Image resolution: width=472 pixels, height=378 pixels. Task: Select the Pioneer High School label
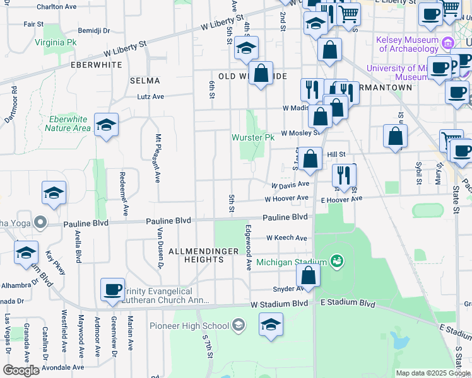tap(189, 326)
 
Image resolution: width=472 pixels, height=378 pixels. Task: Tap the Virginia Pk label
tap(56, 43)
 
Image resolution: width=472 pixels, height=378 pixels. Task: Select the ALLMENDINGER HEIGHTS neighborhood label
tap(203, 256)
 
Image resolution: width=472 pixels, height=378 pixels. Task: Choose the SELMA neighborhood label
tap(145, 81)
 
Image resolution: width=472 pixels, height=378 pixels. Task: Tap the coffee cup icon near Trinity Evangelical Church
tap(112, 290)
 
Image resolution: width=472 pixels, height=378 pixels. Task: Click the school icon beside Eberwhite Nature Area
tap(106, 125)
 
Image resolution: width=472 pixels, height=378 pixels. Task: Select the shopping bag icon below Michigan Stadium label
tap(308, 275)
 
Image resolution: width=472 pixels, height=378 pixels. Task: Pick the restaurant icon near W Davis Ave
tap(343, 175)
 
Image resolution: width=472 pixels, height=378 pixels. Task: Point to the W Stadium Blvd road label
tap(280, 304)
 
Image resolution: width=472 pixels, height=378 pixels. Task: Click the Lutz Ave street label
tap(151, 97)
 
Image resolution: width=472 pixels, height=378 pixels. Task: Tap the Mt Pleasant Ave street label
tap(158, 157)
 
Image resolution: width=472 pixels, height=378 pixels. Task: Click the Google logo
tap(21, 370)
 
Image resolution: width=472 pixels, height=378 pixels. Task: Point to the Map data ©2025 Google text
tap(432, 373)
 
